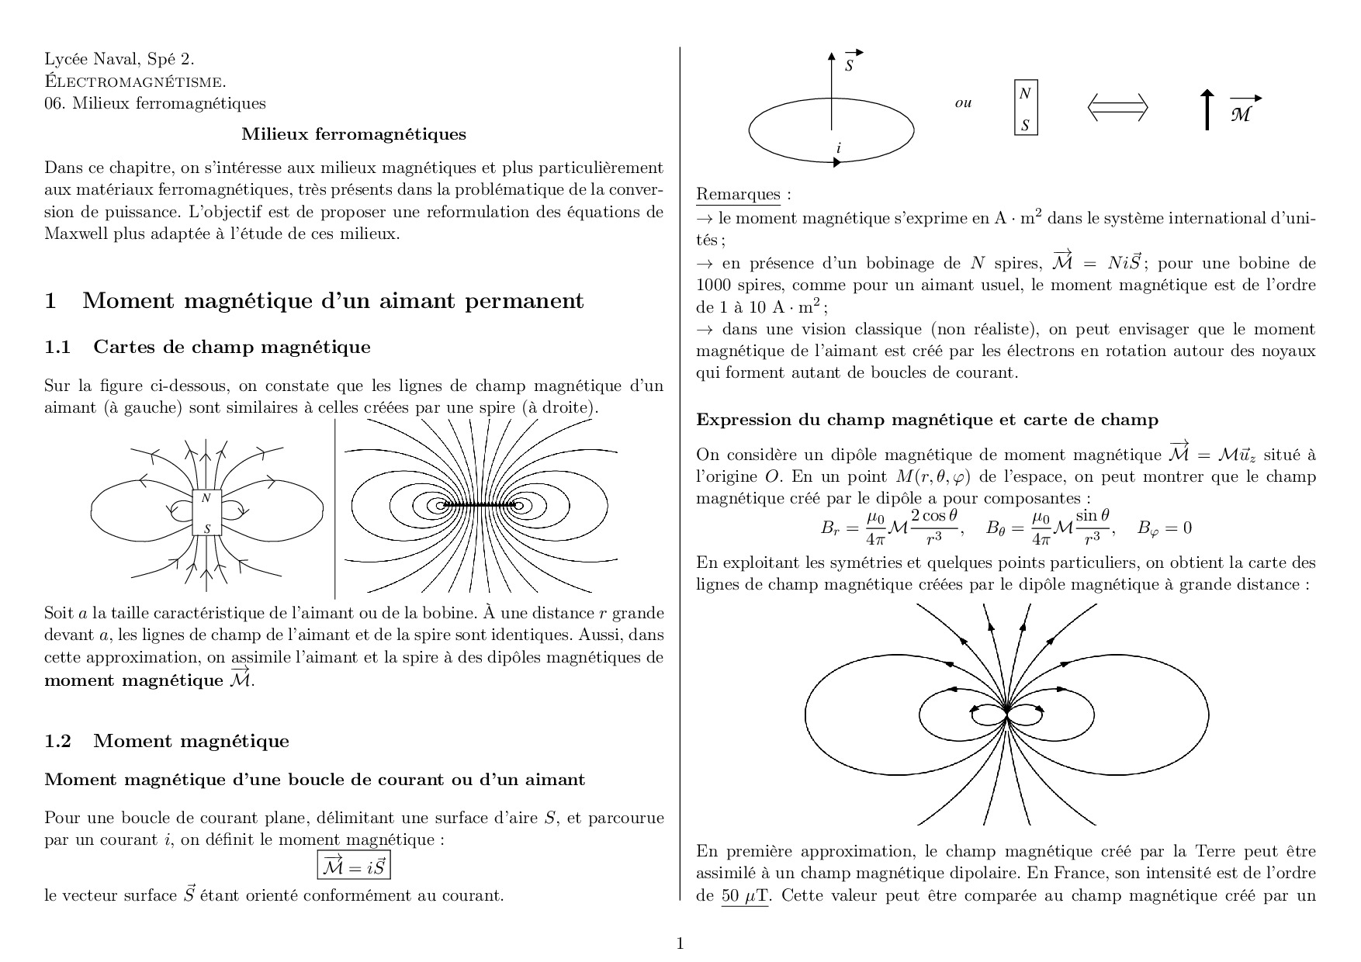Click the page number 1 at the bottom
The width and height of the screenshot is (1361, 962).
pyautogui.click(x=680, y=943)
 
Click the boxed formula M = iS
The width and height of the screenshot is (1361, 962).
pyautogui.click(x=354, y=866)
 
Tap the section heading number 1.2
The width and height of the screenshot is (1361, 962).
pyautogui.click(x=57, y=741)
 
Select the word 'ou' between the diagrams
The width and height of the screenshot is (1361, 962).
pyautogui.click(x=963, y=103)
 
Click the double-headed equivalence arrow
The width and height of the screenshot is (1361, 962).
pyautogui.click(x=1117, y=107)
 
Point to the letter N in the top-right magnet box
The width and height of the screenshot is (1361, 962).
pyautogui.click(x=1025, y=93)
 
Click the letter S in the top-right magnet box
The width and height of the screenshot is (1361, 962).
pyautogui.click(x=1025, y=124)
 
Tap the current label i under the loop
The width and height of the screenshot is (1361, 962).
pyautogui.click(x=838, y=148)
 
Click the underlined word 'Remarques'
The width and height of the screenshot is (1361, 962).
pyautogui.click(x=738, y=194)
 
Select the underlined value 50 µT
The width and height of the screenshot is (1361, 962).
pyautogui.click(x=744, y=896)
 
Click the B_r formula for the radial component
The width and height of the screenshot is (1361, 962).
pyautogui.click(x=892, y=528)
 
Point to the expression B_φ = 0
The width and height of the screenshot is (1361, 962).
pyautogui.click(x=1164, y=528)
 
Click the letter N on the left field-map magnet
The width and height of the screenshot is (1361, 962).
pyautogui.click(x=206, y=498)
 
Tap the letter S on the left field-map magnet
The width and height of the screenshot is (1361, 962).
pyautogui.click(x=206, y=529)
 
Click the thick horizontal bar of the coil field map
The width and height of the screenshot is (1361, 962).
pyautogui.click(x=480, y=506)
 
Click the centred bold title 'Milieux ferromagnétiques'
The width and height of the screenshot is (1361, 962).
pyautogui.click(x=354, y=134)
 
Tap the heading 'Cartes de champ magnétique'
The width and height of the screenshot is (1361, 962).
pyautogui.click(x=232, y=347)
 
